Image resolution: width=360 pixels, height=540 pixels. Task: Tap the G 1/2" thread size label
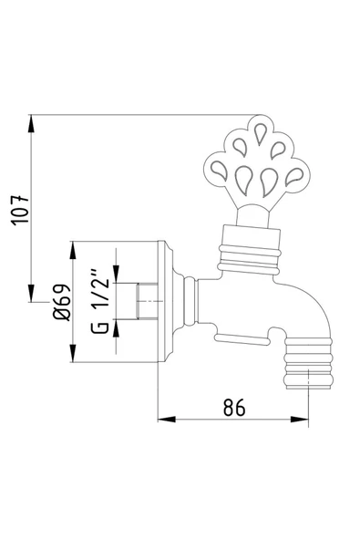point(102,298)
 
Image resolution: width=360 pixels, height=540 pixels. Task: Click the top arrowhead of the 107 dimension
point(33,120)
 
